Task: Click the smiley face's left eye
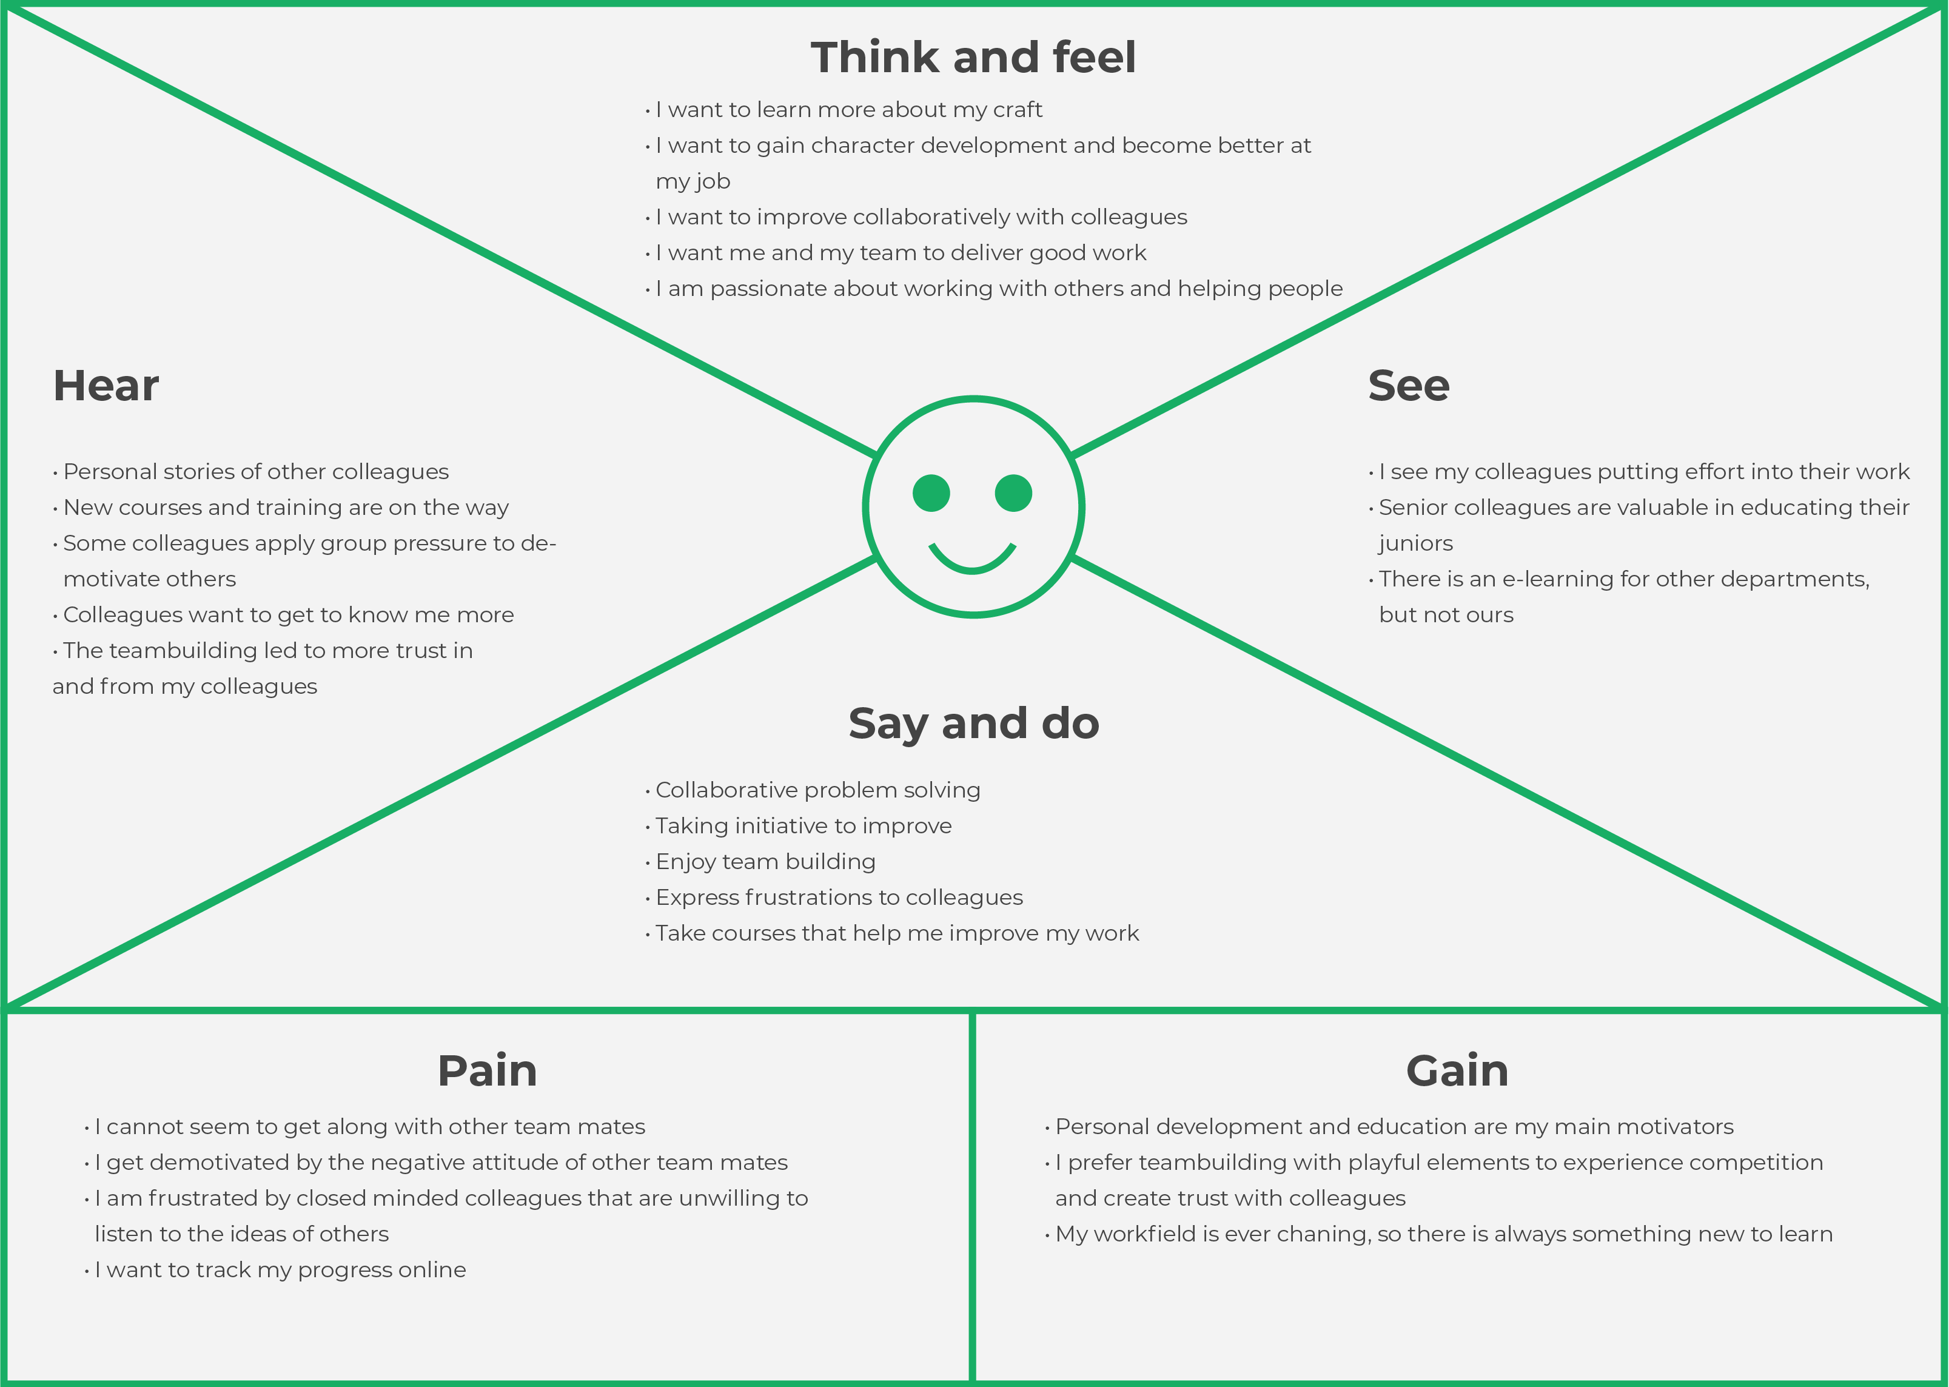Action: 931,493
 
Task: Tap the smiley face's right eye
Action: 1014,493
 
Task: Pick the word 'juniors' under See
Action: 1415,543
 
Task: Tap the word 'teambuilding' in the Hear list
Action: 183,651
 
